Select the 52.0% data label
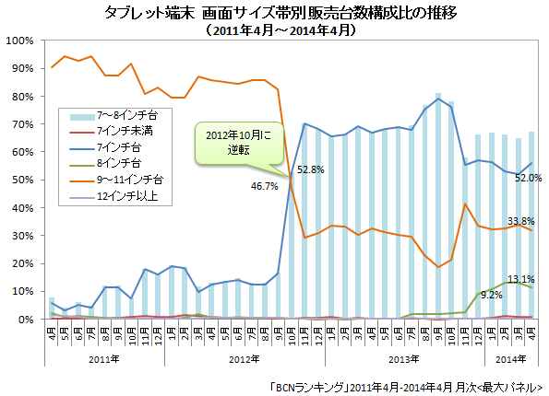tap(527, 178)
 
